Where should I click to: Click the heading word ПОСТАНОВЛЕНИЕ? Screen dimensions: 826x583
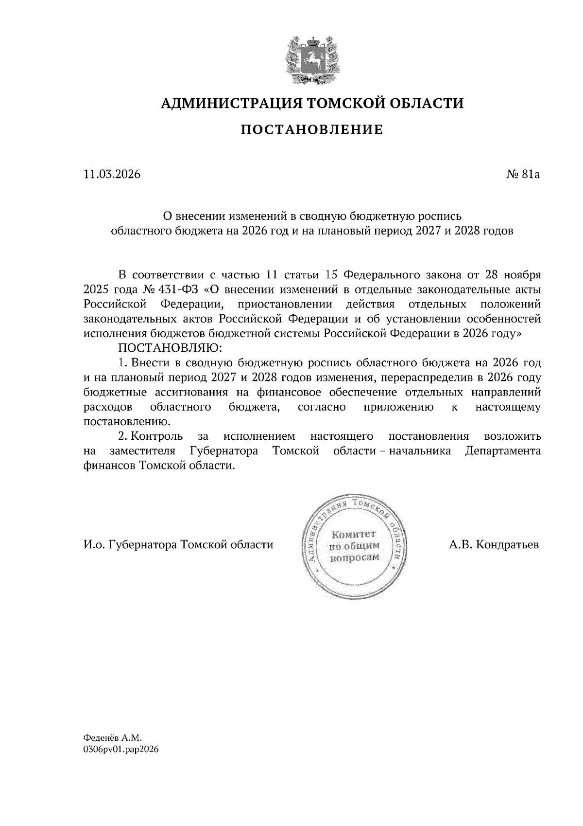point(312,129)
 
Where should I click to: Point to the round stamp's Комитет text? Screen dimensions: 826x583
point(353,534)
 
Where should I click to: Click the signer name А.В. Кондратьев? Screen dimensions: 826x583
point(494,544)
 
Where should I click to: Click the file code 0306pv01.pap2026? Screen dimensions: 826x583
point(121,750)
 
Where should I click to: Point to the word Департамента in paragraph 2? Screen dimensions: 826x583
point(502,450)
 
